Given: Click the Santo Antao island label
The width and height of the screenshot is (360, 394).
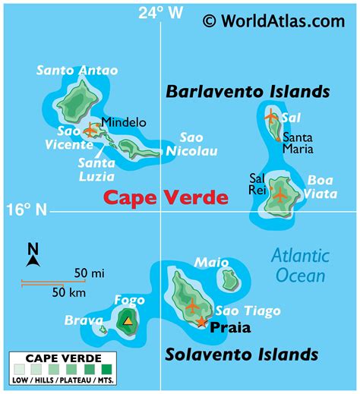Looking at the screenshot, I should pyautogui.click(x=77, y=71).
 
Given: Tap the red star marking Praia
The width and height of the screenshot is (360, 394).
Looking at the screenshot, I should pyautogui.click(x=201, y=322).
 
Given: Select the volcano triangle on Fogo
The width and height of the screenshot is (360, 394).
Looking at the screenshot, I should pyautogui.click(x=128, y=321).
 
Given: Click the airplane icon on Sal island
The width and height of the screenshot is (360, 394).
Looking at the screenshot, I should pyautogui.click(x=271, y=117).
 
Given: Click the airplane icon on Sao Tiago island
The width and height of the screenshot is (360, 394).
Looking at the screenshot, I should pyautogui.click(x=191, y=307).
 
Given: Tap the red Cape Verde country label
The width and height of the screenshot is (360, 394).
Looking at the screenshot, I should pyautogui.click(x=166, y=198).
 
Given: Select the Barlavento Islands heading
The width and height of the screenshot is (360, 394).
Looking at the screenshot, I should pyautogui.click(x=248, y=92).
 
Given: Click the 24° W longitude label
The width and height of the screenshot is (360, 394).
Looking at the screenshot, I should pyautogui.click(x=160, y=12).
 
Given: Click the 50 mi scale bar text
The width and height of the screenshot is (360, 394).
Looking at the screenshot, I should pyautogui.click(x=89, y=273).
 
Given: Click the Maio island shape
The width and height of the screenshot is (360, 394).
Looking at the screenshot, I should pyautogui.click(x=229, y=280).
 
